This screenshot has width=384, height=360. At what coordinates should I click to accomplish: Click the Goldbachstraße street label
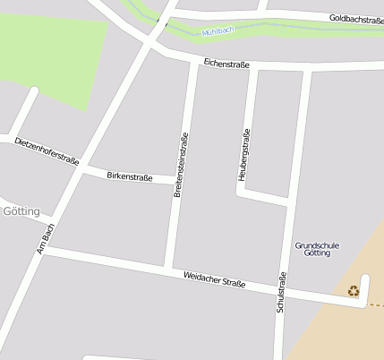[x=355, y=19]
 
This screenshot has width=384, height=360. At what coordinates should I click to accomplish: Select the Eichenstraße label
[x=226, y=64]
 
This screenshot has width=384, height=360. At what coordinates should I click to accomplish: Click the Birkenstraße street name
[x=130, y=176]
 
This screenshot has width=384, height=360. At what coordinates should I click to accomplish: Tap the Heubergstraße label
[x=243, y=155]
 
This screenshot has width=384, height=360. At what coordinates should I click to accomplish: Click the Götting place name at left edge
[x=21, y=211]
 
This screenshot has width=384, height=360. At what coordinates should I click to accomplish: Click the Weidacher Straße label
[x=214, y=280]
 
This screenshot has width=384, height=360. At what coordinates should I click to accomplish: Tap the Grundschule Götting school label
[x=311, y=249]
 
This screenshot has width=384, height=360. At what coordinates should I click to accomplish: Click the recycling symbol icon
[x=354, y=290]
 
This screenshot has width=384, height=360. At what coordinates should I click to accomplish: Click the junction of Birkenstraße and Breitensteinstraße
[x=175, y=179]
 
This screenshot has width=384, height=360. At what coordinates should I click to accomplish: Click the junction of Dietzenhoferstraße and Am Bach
[x=81, y=167]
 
